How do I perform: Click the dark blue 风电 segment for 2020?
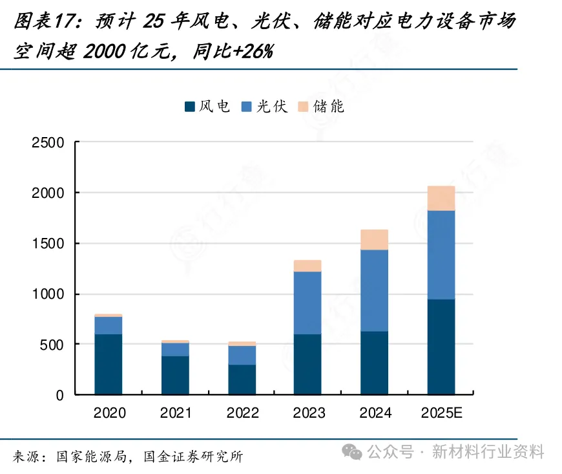[109, 364]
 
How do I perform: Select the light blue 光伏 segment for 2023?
[307, 303]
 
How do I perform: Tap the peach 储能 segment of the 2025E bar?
[441, 199]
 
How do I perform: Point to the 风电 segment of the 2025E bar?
[441, 347]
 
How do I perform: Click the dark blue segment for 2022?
[242, 380]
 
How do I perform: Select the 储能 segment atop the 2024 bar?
[374, 239]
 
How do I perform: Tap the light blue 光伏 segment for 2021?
[175, 349]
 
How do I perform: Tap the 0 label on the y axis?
[60, 395]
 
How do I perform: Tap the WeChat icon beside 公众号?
[353, 452]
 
